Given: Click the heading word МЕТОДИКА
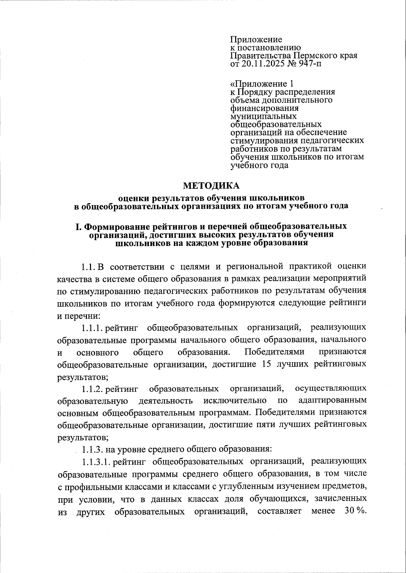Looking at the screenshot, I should (211, 186).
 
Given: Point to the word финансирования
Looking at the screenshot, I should (265, 108).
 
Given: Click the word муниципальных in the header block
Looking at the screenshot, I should (263, 116).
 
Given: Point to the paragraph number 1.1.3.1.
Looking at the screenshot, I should (97, 462).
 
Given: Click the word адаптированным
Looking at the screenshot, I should (333, 401).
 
